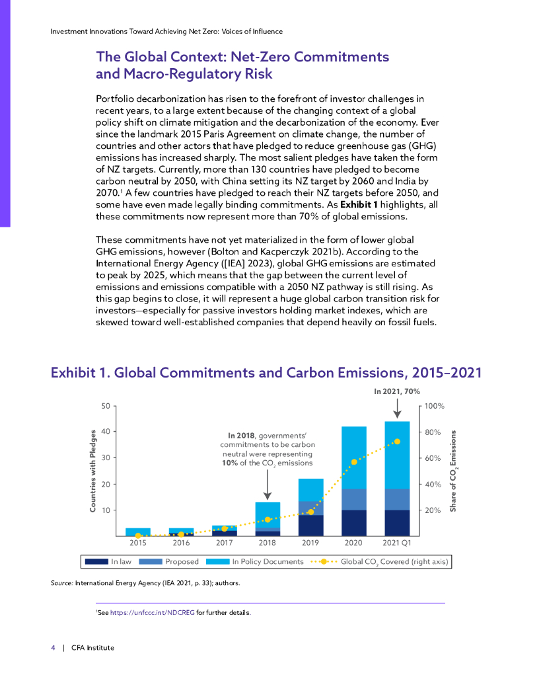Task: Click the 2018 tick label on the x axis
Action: [x=267, y=543]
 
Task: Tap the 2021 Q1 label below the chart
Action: [x=397, y=543]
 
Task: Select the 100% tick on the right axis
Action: [x=434, y=405]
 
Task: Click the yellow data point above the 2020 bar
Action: [x=354, y=461]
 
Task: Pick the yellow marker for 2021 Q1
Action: [x=397, y=442]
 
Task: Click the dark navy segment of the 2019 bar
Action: [x=310, y=526]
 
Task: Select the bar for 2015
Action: [x=137, y=532]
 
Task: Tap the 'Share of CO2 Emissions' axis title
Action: [x=454, y=471]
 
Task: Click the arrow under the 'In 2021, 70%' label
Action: [x=397, y=407]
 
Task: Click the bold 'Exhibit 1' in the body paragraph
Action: [x=359, y=205]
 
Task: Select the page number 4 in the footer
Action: [x=53, y=647]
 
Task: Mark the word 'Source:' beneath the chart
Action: [x=62, y=584]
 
